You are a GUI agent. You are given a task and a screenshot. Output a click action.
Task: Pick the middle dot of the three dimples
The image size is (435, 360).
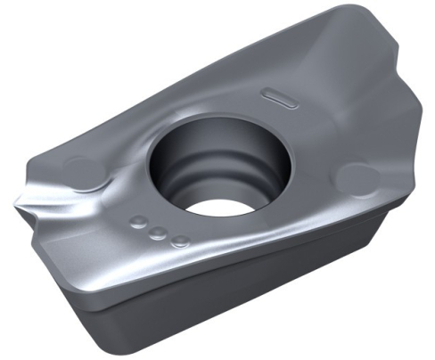click(157, 233)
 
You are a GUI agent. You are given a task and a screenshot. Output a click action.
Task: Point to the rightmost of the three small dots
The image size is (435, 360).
click(179, 240)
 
